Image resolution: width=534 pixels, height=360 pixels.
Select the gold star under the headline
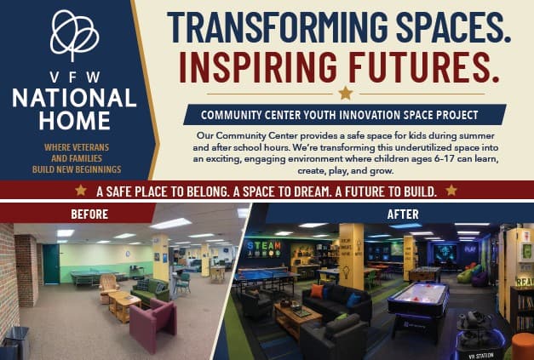(x=345, y=93)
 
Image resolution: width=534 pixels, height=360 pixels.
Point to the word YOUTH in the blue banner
(x=319, y=115)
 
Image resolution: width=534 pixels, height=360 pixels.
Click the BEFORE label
(x=89, y=214)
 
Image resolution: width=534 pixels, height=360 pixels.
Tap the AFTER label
(x=403, y=214)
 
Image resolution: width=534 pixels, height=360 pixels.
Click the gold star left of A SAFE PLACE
(x=81, y=190)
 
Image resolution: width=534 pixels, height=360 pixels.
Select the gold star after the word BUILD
(x=451, y=190)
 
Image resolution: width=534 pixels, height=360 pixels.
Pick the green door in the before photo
(x=51, y=264)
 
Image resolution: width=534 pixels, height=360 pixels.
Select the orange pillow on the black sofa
(x=317, y=291)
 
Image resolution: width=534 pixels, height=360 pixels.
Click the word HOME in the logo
(x=75, y=121)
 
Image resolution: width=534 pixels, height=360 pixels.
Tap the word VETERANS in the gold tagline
(x=91, y=147)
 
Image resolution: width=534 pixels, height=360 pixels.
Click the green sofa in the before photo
(x=150, y=292)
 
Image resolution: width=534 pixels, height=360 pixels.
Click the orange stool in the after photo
(x=523, y=346)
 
